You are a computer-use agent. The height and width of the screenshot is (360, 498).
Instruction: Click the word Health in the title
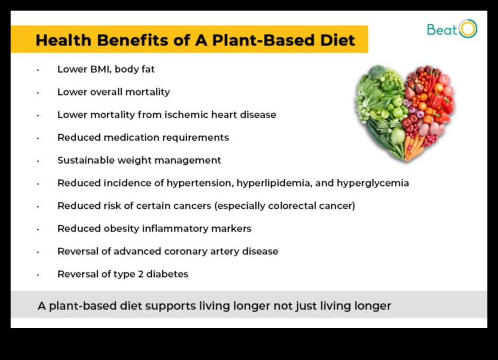click(64, 40)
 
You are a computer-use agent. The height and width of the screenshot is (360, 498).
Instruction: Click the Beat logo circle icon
click(468, 29)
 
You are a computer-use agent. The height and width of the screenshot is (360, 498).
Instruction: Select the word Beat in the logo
click(442, 30)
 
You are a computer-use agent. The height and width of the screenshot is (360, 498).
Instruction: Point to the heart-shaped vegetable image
click(405, 113)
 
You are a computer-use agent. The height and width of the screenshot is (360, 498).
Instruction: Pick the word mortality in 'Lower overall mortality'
click(147, 92)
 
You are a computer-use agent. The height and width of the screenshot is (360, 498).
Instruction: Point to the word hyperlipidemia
click(274, 183)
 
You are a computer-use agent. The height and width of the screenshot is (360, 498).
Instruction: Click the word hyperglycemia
click(373, 183)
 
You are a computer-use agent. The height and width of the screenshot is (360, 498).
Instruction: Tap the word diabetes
click(167, 274)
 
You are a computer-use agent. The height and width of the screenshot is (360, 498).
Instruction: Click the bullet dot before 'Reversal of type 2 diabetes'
click(38, 275)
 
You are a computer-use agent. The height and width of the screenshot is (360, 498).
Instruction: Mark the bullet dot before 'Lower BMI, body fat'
click(38, 70)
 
